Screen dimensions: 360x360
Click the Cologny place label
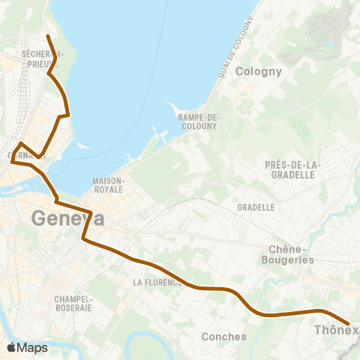point(258,72)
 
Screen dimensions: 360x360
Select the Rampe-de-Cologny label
point(197,121)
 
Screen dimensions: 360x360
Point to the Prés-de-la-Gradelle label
point(292,169)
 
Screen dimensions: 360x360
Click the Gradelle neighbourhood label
point(255,207)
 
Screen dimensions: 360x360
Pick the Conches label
point(223,337)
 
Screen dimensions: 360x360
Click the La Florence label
point(157,283)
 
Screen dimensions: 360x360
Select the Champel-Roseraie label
point(73,303)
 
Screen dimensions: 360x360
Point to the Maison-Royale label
point(108,185)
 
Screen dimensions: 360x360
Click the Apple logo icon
point(12,347)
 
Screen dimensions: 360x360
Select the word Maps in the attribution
point(33,347)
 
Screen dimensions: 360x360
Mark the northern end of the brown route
point(47,36)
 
